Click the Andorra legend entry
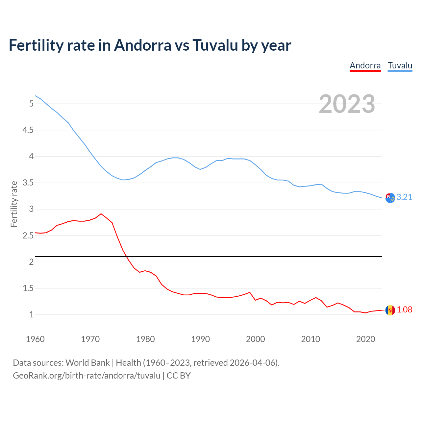[365, 65]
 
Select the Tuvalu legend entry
[400, 65]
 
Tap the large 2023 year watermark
[347, 104]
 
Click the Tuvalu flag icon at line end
[390, 198]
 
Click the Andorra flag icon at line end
[390, 310]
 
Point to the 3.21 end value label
[404, 197]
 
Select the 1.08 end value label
[404, 310]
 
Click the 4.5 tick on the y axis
[28, 130]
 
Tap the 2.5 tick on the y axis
[28, 235]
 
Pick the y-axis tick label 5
[31, 104]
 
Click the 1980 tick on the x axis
[145, 339]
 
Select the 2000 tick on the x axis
[255, 339]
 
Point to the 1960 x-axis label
[35, 339]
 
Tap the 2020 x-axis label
[365, 339]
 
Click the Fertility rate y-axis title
[14, 204]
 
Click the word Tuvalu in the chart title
[215, 45]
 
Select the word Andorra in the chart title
[142, 45]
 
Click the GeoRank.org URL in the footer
[87, 376]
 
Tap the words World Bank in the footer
[87, 363]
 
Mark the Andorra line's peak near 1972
[101, 214]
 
